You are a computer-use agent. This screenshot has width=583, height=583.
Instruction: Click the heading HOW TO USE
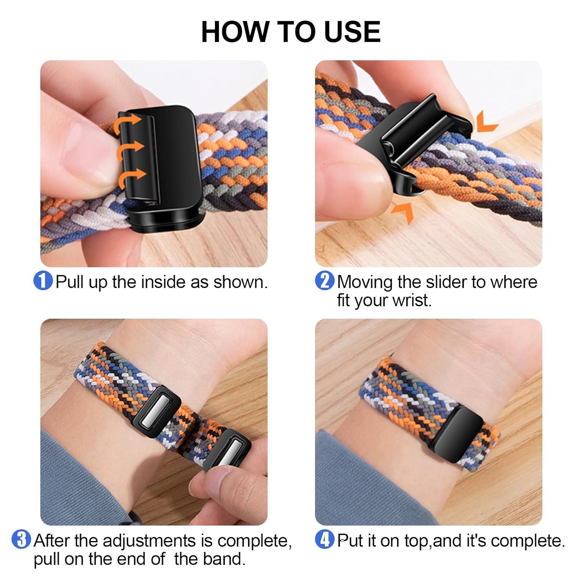pyautogui.click(x=291, y=31)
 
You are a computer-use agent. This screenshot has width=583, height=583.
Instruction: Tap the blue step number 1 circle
pyautogui.click(x=43, y=281)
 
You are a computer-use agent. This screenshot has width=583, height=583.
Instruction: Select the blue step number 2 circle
pyautogui.click(x=325, y=281)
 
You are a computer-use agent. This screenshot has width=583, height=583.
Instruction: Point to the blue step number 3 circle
pyautogui.click(x=21, y=539)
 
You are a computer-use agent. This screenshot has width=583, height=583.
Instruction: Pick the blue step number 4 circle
pyautogui.click(x=325, y=539)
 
